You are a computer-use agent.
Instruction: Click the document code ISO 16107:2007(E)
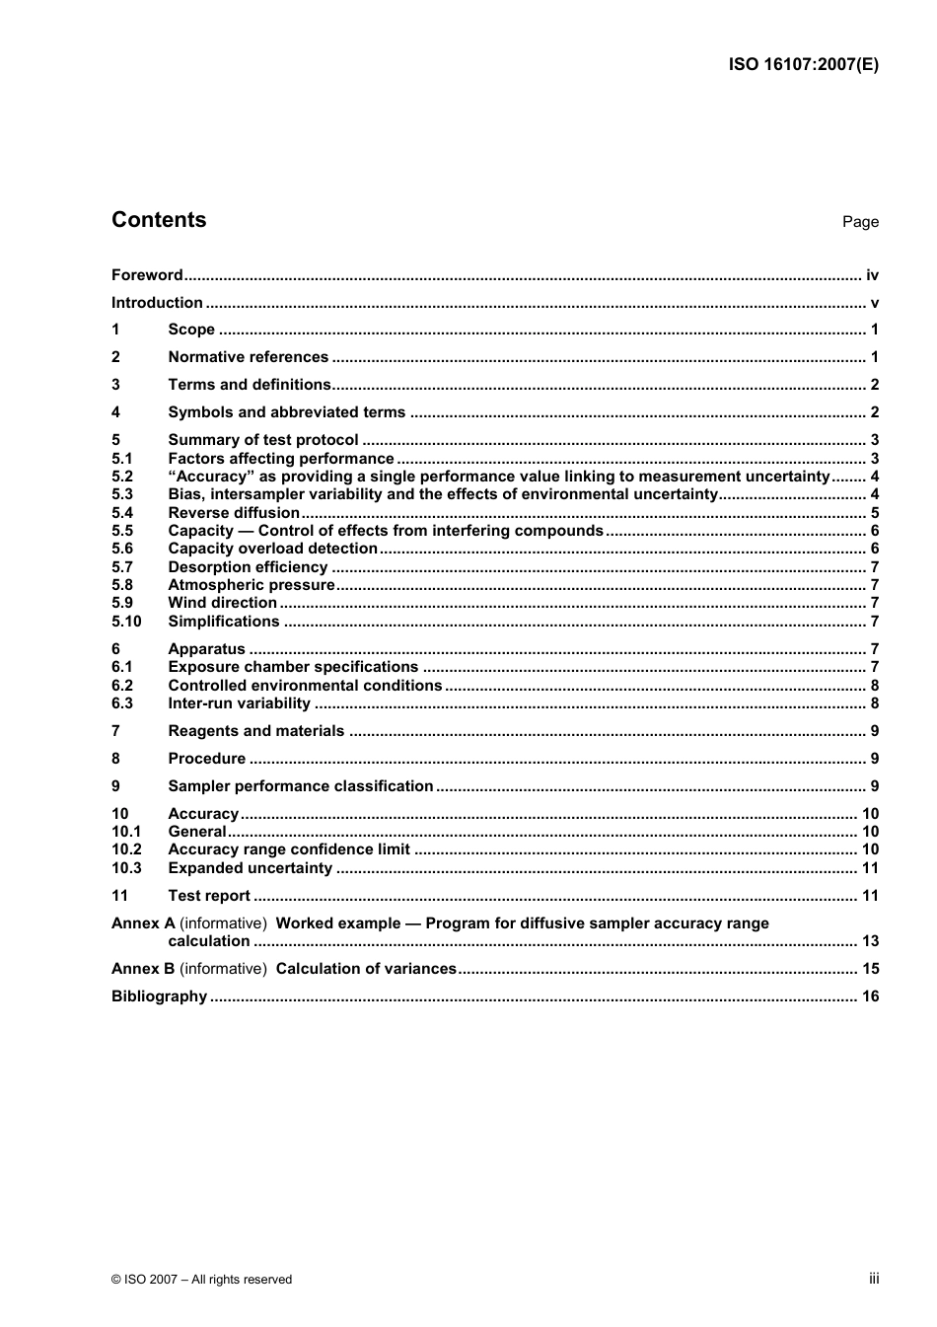tap(803, 65)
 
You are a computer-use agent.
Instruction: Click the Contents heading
tap(159, 220)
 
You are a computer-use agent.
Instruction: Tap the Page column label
tap(859, 222)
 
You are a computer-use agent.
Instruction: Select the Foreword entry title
tap(147, 275)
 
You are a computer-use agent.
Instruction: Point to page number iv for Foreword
tap(872, 275)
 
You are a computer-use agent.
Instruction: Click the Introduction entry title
tap(157, 303)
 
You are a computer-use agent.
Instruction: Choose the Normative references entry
tap(248, 357)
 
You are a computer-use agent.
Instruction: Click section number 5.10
tap(126, 622)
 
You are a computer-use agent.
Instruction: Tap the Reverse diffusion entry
tap(234, 513)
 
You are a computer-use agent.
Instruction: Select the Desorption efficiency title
tap(248, 567)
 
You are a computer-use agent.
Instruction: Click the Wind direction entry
tap(222, 603)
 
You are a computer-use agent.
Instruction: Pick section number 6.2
tap(122, 686)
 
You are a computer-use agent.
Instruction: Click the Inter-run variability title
tap(239, 703)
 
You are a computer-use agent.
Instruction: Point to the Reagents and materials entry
tap(255, 731)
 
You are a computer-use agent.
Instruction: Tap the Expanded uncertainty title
tap(250, 868)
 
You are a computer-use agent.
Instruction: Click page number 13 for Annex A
tap(870, 941)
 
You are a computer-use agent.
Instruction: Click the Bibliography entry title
tap(159, 996)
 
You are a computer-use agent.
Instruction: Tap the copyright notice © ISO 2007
tap(201, 1280)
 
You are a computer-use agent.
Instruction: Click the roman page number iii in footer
tap(873, 1279)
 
